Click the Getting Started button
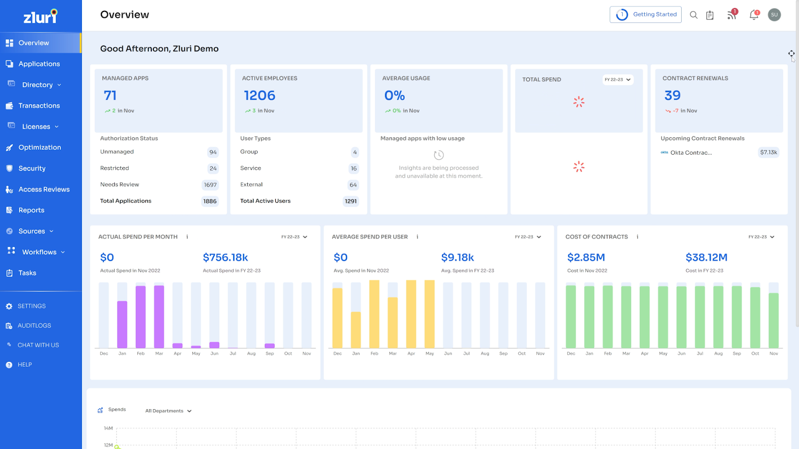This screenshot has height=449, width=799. (x=645, y=14)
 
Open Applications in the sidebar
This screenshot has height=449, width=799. (x=39, y=64)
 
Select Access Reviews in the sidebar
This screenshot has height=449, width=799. (x=44, y=190)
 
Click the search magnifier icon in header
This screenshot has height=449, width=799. (x=694, y=15)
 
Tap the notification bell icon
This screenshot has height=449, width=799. (x=754, y=15)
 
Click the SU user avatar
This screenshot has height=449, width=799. (x=774, y=15)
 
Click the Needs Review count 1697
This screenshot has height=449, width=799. (x=210, y=185)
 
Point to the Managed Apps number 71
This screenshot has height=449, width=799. (x=110, y=95)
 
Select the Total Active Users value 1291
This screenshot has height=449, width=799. (x=351, y=202)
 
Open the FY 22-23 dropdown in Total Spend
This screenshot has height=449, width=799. (x=618, y=80)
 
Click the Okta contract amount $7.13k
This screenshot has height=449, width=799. (x=769, y=153)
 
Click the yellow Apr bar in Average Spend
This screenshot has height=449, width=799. (x=411, y=314)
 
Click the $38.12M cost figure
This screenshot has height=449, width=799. (x=706, y=257)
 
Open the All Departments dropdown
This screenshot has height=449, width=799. (x=168, y=411)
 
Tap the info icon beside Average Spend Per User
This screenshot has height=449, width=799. (x=417, y=237)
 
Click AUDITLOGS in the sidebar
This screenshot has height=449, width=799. (x=34, y=326)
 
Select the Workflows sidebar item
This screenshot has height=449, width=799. (x=39, y=252)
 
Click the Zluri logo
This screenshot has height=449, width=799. (x=40, y=16)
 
